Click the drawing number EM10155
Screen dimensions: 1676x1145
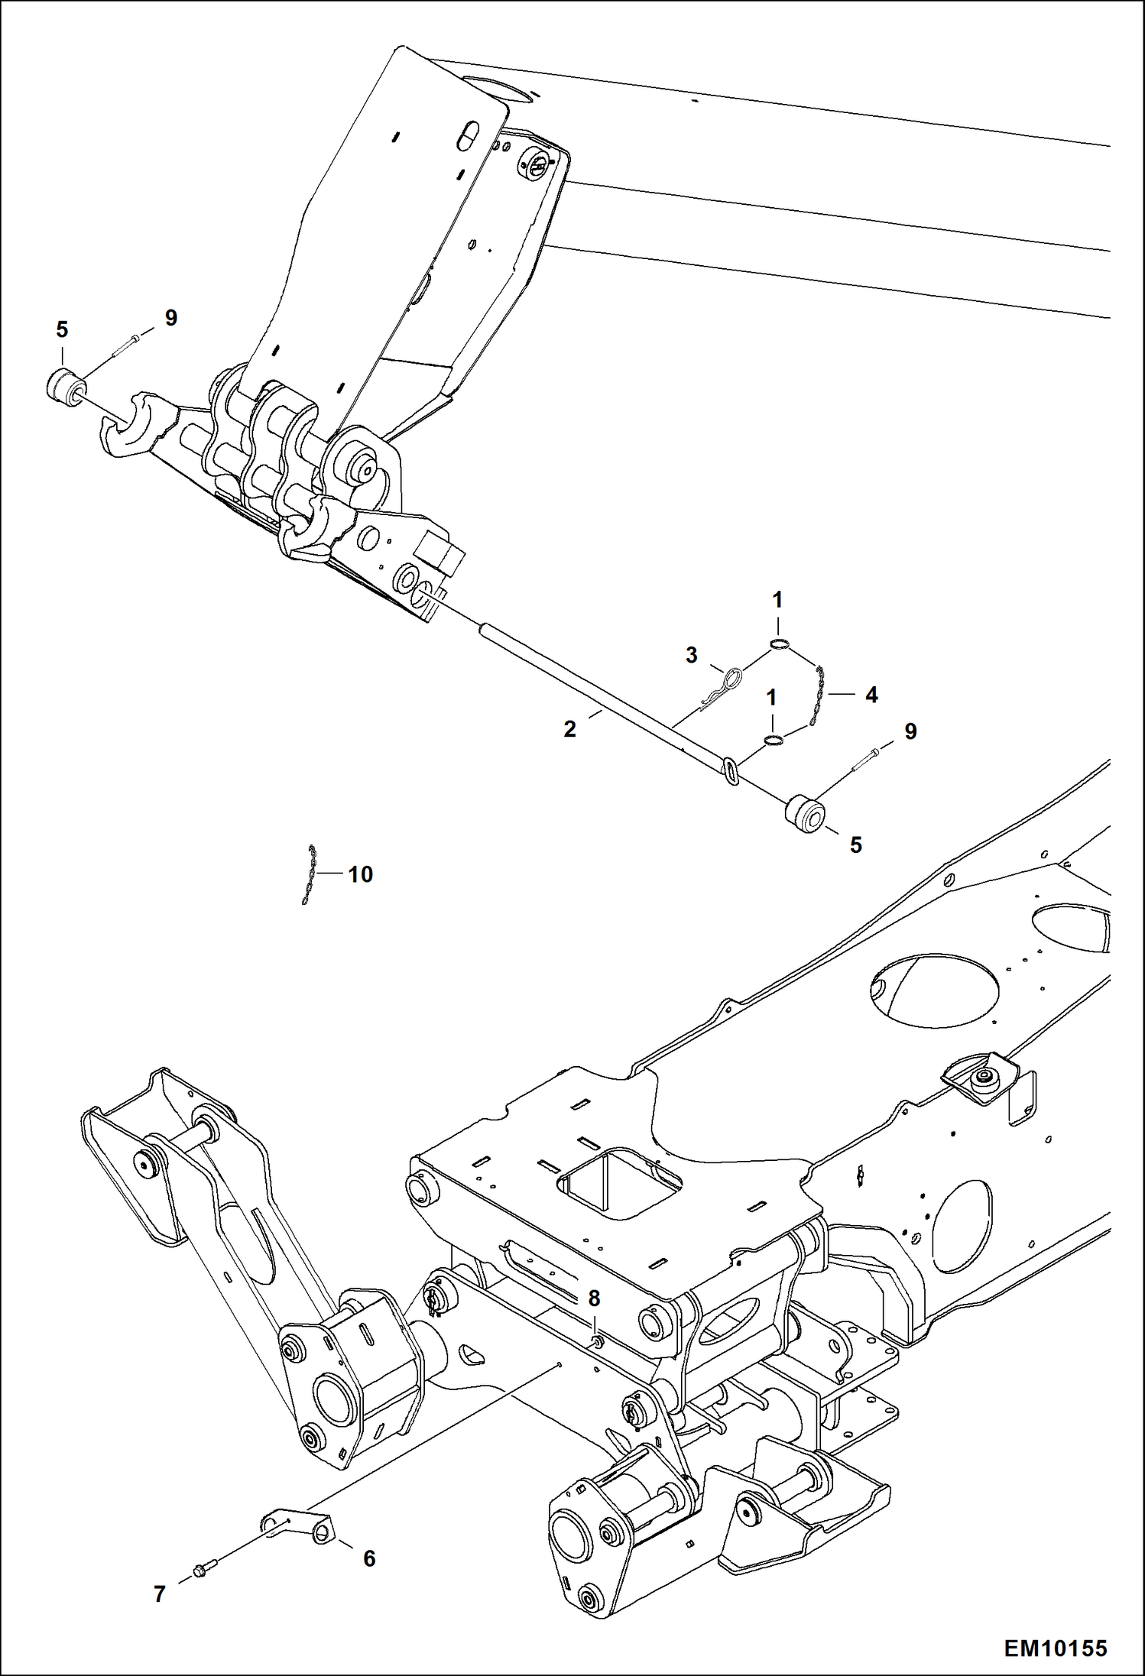click(1055, 1647)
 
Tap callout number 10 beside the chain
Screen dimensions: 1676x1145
click(360, 874)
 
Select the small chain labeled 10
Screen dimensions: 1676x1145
click(308, 874)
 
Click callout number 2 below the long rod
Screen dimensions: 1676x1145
click(569, 729)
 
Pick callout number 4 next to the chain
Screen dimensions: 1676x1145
click(871, 695)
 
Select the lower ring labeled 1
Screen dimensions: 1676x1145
click(773, 740)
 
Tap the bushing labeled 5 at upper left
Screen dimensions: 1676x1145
click(64, 384)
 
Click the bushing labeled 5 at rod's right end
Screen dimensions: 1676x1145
click(805, 812)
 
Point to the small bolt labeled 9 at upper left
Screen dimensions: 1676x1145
click(125, 345)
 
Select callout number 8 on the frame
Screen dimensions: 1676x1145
click(594, 1298)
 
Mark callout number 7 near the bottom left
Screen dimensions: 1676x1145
click(159, 1593)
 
